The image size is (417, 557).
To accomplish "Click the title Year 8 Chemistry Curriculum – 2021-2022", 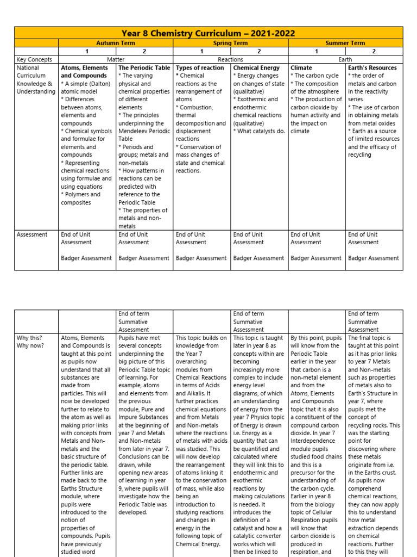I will click(208, 33).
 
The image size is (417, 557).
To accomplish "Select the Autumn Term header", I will click(116, 43).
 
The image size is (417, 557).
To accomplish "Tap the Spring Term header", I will click(230, 43).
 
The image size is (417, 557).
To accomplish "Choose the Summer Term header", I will click(345, 43).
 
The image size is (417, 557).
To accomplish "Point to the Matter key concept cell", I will click(116, 59).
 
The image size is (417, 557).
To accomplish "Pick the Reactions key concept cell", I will click(230, 59).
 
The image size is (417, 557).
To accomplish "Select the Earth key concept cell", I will click(345, 59).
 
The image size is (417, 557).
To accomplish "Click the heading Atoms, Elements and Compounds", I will click(85, 72).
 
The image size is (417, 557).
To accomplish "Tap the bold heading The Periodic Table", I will click(144, 68).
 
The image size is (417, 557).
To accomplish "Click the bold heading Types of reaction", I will click(200, 68).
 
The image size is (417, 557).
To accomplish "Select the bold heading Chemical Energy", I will click(256, 68).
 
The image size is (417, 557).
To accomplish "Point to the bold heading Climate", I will click(301, 68).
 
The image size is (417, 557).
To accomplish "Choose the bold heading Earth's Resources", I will click(372, 68).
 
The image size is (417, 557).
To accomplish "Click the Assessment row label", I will click(32, 235).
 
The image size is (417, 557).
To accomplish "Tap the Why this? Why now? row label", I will click(29, 342).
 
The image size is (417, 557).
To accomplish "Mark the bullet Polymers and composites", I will click(81, 198).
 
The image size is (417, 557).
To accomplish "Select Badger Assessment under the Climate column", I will click(316, 258).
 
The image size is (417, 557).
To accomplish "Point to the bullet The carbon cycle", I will click(316, 76).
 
